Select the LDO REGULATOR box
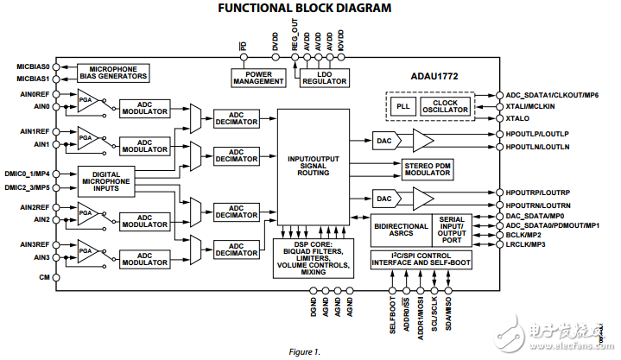(x=325, y=79)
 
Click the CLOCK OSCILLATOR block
(x=445, y=105)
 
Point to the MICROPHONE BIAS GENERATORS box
(x=112, y=72)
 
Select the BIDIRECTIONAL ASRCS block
(x=401, y=229)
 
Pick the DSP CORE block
(x=313, y=258)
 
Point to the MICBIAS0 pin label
(x=33, y=66)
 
